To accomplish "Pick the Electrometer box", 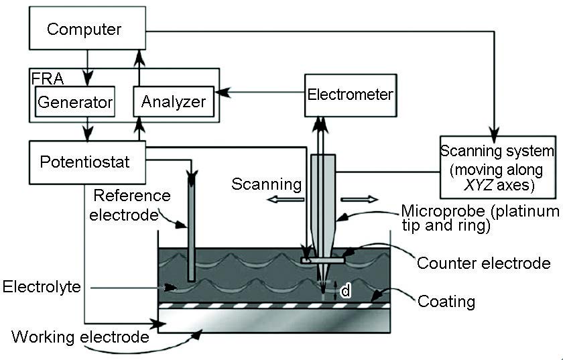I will point(350,95).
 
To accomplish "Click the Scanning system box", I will point(496,162).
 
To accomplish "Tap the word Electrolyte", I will point(42,288).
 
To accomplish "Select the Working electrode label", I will point(80,336).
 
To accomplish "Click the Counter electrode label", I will point(483,263).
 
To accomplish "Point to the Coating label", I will point(446,301).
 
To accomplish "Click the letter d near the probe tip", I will point(346,291).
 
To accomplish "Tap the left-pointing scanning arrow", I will point(278,199).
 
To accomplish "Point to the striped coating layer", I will point(268,305).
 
